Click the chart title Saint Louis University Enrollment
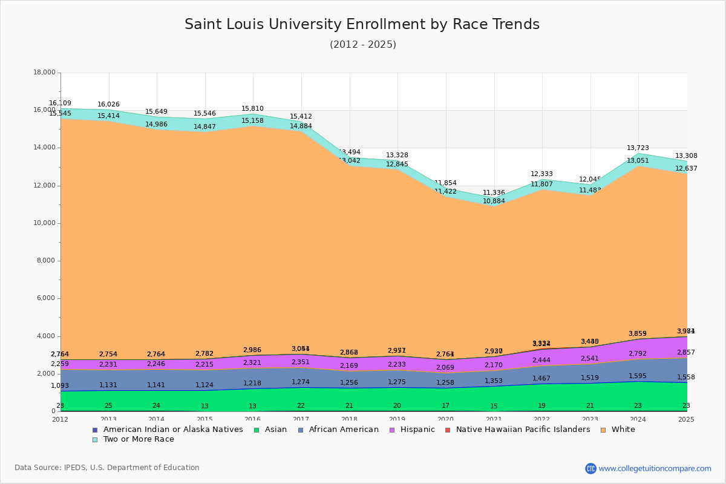tap(362, 24)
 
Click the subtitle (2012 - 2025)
tap(363, 45)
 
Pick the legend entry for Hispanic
tap(413, 430)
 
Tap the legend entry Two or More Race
tap(139, 439)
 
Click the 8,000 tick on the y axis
tap(45, 261)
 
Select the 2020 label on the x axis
tap(445, 419)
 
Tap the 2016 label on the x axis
tap(253, 419)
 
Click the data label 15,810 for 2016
tap(253, 109)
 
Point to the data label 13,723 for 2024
tap(638, 148)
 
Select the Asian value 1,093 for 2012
tap(60, 386)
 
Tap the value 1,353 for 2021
tap(494, 381)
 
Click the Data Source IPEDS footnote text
tap(106, 468)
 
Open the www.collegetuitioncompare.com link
tap(655, 468)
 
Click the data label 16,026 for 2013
tap(108, 105)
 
